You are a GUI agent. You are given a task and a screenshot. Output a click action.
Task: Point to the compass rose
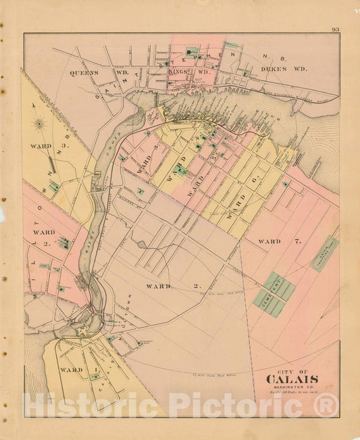(39, 124)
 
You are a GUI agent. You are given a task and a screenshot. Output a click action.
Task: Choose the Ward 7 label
(278, 241)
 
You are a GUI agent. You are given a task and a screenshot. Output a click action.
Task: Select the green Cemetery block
(274, 294)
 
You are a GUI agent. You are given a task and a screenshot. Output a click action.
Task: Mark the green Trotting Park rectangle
(325, 253)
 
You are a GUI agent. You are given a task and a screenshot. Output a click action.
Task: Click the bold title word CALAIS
(293, 379)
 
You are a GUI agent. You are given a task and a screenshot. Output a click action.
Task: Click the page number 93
(335, 29)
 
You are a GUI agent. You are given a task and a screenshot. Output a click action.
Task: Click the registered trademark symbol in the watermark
(326, 405)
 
